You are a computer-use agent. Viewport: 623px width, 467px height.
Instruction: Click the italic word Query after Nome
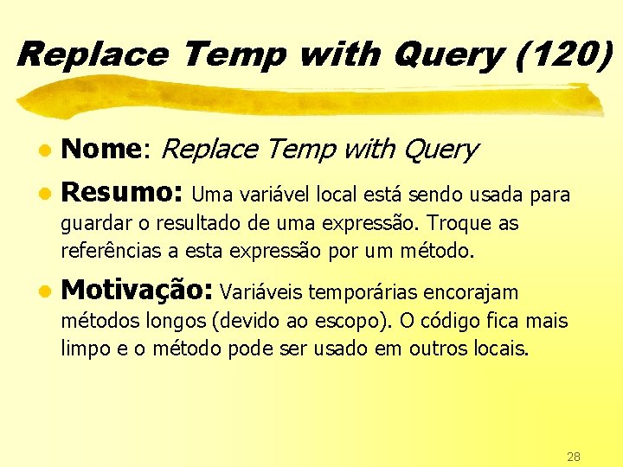click(x=439, y=150)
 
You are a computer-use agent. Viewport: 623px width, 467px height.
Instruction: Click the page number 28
click(x=574, y=456)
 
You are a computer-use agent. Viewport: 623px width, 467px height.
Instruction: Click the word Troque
click(x=461, y=223)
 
